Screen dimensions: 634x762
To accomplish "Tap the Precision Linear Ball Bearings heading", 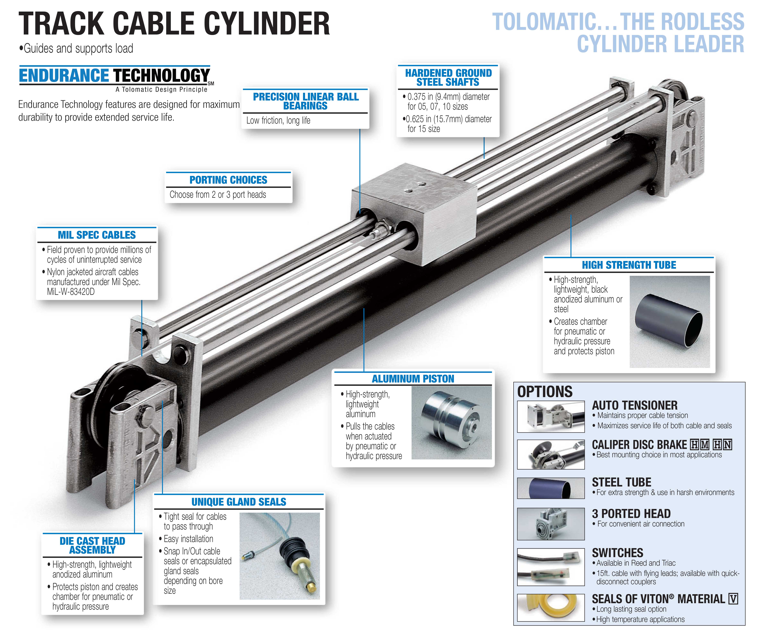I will point(306,101).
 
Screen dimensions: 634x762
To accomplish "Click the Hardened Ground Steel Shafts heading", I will point(448,77).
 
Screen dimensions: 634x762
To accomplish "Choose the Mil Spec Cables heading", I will point(97,235).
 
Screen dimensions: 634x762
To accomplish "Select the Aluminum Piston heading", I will point(413,379).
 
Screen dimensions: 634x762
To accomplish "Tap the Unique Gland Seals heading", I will point(239,502).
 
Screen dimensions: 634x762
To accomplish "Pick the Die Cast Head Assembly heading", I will point(93,545).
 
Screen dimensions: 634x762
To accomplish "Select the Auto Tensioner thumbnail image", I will point(551,417).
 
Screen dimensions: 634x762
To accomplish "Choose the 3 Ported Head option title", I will point(631,513).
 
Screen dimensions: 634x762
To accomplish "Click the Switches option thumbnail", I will point(551,567).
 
